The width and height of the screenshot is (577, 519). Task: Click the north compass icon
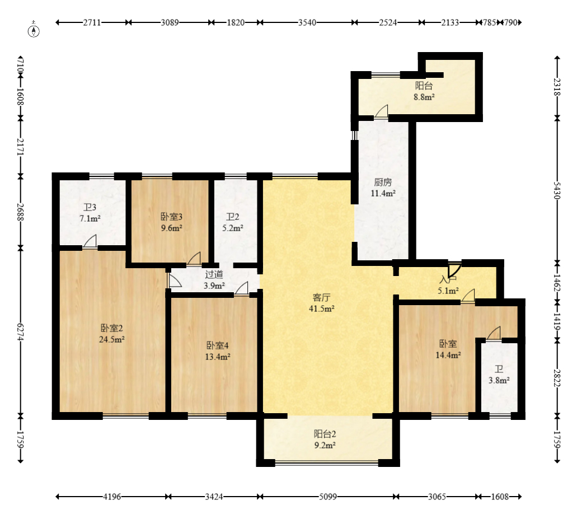pyautogui.click(x=34, y=31)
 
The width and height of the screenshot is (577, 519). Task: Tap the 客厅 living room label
pyautogui.click(x=321, y=297)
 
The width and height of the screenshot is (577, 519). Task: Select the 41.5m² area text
pyautogui.click(x=322, y=309)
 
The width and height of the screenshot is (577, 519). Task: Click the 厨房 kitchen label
pyautogui.click(x=383, y=182)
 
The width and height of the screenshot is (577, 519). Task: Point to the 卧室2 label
pyautogui.click(x=111, y=328)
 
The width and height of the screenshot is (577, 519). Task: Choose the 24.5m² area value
pyautogui.click(x=111, y=339)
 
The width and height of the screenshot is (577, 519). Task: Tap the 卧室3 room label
pyautogui.click(x=171, y=217)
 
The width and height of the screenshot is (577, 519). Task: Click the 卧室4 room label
pyautogui.click(x=218, y=345)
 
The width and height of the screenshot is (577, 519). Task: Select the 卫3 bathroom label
pyautogui.click(x=90, y=207)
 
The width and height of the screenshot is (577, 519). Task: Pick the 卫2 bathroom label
pyautogui.click(x=233, y=217)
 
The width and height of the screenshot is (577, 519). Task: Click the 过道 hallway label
pyautogui.click(x=214, y=274)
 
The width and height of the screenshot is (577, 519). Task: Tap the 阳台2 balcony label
pyautogui.click(x=325, y=434)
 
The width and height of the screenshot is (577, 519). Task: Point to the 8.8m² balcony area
pyautogui.click(x=424, y=97)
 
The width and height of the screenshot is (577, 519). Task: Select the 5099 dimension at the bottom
pyautogui.click(x=328, y=497)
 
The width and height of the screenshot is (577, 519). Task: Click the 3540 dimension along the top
pyautogui.click(x=307, y=22)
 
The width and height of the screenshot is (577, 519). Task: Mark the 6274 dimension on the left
pyautogui.click(x=21, y=333)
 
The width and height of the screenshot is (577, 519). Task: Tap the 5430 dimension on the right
pyautogui.click(x=557, y=191)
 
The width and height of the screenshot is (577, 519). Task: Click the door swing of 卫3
pyautogui.click(x=90, y=241)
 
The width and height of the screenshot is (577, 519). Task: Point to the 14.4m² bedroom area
pyautogui.click(x=448, y=355)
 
